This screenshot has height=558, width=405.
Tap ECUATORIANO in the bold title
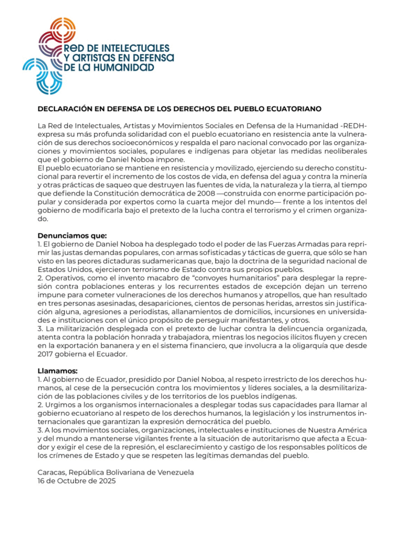[x=291, y=108]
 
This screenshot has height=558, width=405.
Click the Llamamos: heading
[x=57, y=371]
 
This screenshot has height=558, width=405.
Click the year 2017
[x=48, y=354]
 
